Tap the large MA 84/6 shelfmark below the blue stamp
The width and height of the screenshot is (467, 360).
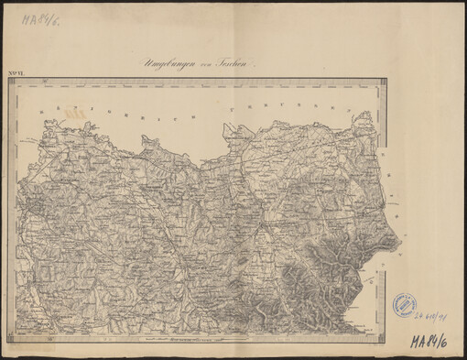coord(431,342)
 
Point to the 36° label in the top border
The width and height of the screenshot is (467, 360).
coord(44,82)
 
